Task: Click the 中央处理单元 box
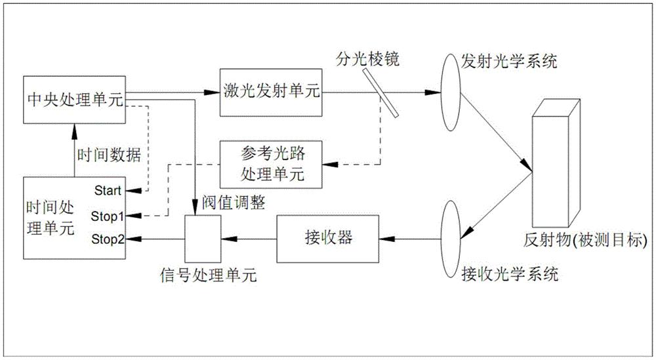pos(73,98)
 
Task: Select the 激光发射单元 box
pos(270,92)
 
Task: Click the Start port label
pos(108,191)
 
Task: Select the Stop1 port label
pos(108,215)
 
